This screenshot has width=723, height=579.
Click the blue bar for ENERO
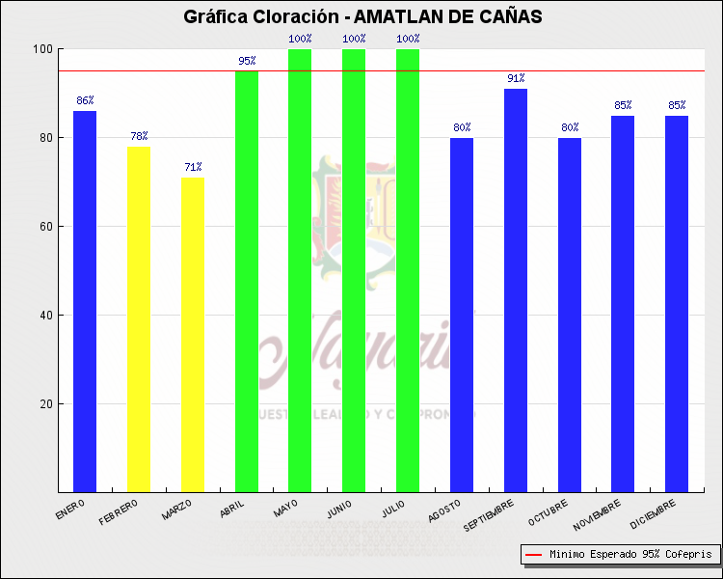(x=85, y=301)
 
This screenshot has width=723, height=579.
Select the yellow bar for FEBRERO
(x=139, y=318)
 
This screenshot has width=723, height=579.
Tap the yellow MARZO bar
(x=193, y=334)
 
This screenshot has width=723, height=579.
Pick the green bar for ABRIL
(x=247, y=281)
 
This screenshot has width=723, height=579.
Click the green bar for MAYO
(x=300, y=270)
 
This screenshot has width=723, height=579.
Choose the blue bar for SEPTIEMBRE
(x=516, y=289)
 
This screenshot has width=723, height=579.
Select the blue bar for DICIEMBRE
(x=677, y=303)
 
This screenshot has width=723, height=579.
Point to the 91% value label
(x=516, y=78)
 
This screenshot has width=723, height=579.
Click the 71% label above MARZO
(x=193, y=167)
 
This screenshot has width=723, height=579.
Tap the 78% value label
(x=139, y=136)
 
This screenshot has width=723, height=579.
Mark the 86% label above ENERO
(x=85, y=100)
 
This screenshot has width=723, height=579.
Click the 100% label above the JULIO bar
(x=408, y=39)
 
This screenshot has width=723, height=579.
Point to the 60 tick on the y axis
(x=44, y=227)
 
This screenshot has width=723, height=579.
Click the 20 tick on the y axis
(x=44, y=404)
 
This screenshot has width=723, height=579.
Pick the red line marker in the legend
(x=533, y=555)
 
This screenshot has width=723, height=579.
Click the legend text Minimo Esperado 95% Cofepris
(x=630, y=555)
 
